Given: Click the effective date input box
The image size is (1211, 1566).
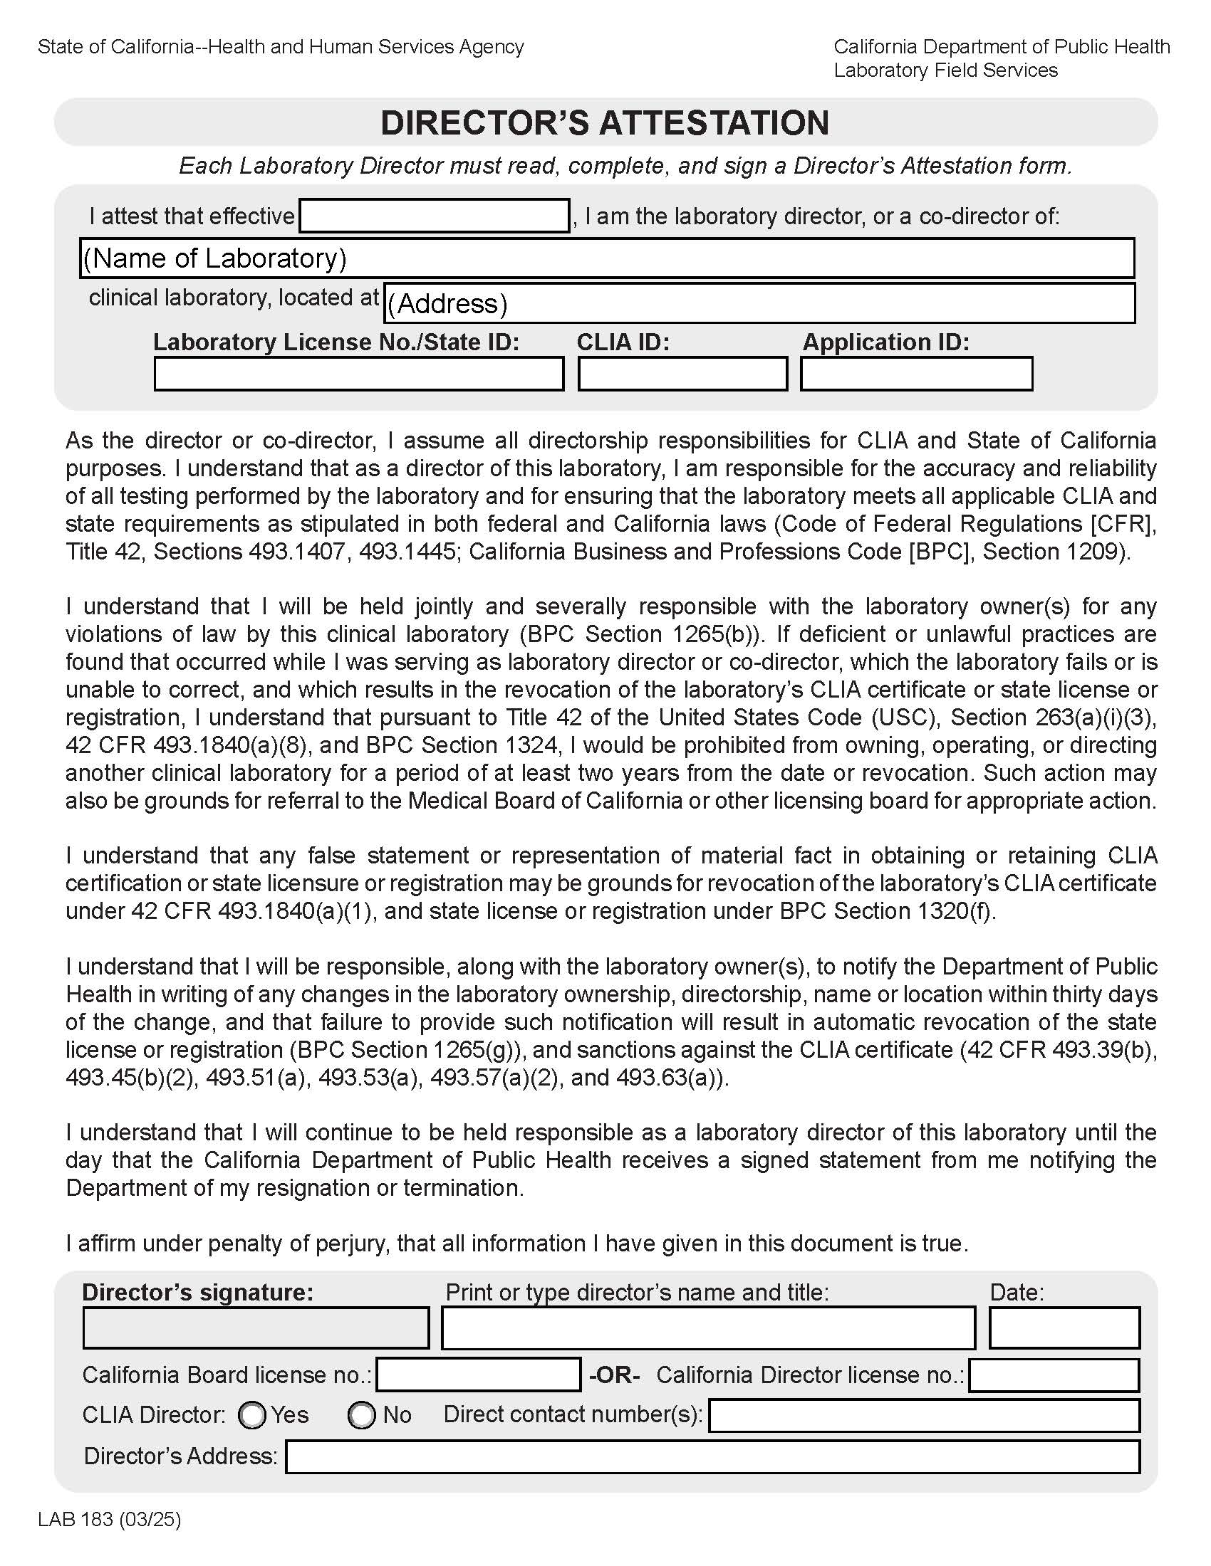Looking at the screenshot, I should (434, 216).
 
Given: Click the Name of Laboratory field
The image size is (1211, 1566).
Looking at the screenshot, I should (606, 258).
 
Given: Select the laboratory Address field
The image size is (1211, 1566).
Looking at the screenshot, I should (759, 303).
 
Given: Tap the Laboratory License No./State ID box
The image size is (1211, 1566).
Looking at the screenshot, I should (359, 374).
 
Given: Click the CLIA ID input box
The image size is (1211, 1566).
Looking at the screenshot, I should (682, 374).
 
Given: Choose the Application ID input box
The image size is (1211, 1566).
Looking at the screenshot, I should (916, 374).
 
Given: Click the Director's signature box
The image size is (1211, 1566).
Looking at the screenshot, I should (256, 1328).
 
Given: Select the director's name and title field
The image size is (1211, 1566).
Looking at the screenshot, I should (708, 1328).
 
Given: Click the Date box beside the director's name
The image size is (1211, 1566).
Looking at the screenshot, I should (1064, 1328).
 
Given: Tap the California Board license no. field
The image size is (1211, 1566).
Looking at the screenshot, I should (479, 1375).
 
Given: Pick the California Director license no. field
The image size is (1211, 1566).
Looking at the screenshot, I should (1054, 1375).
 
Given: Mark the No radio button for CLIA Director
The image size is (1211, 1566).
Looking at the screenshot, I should (362, 1415).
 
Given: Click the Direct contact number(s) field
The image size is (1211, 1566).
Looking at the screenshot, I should (924, 1415).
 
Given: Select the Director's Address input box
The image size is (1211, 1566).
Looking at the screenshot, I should (712, 1457).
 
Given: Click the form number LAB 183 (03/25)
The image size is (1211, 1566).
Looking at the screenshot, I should (110, 1520).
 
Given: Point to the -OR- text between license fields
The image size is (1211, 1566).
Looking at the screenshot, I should (614, 1375).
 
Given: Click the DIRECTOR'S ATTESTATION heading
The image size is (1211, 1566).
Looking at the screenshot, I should (605, 122).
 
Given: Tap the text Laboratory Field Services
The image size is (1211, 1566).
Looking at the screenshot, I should (945, 70).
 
